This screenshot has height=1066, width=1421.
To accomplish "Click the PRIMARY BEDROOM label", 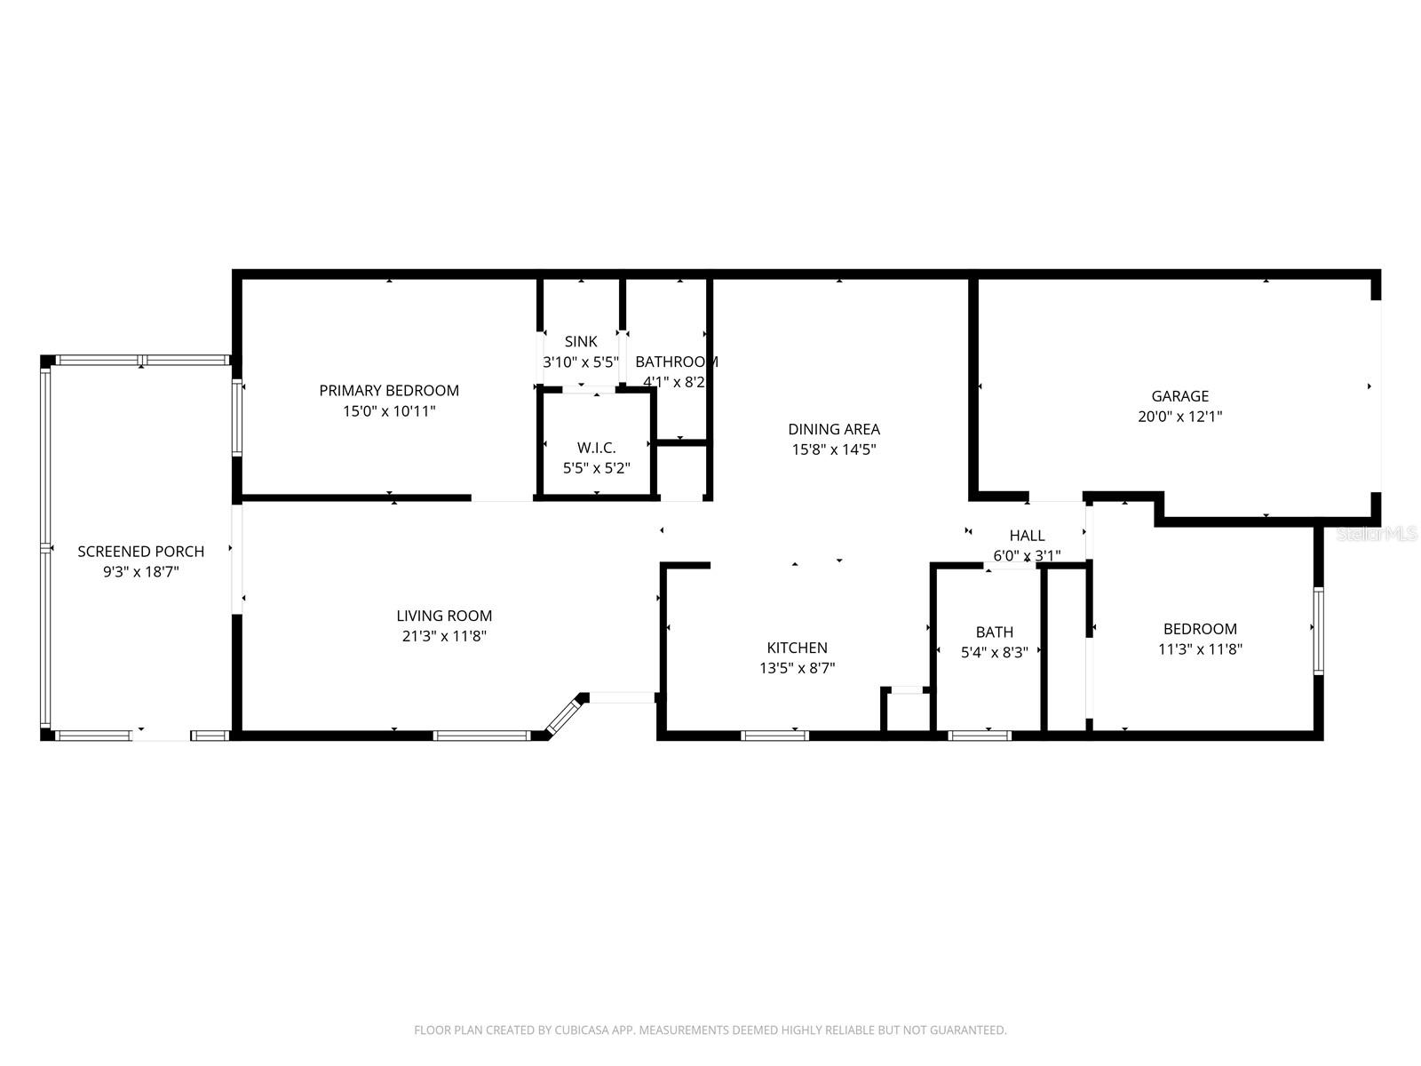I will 389,390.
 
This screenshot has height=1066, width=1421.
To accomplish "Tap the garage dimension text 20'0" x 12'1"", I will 1179,416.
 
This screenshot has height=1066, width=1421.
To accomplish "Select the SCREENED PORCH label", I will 140,552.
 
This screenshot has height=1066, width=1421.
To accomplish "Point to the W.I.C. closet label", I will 596,448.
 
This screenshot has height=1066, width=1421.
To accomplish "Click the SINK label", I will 581,341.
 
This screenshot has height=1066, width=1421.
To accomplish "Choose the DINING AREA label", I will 834,429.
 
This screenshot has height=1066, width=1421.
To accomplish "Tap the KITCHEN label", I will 797,648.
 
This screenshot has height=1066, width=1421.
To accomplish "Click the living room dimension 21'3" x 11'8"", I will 443,636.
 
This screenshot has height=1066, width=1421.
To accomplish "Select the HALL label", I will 1027,536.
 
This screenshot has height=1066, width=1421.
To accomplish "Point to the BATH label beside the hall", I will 994,632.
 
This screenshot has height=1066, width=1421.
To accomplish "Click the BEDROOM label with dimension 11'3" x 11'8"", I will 1200,629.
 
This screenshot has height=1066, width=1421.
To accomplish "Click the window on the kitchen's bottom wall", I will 774,736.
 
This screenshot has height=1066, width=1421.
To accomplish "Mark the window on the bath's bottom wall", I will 980,736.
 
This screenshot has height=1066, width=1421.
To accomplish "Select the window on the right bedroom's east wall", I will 1319,631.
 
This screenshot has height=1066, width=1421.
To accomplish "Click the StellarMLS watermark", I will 1376,534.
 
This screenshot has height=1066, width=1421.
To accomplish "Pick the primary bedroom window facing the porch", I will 237,418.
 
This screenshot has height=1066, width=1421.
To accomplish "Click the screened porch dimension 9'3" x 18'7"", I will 140,572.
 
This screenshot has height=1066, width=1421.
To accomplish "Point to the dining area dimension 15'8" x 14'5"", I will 834,449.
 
